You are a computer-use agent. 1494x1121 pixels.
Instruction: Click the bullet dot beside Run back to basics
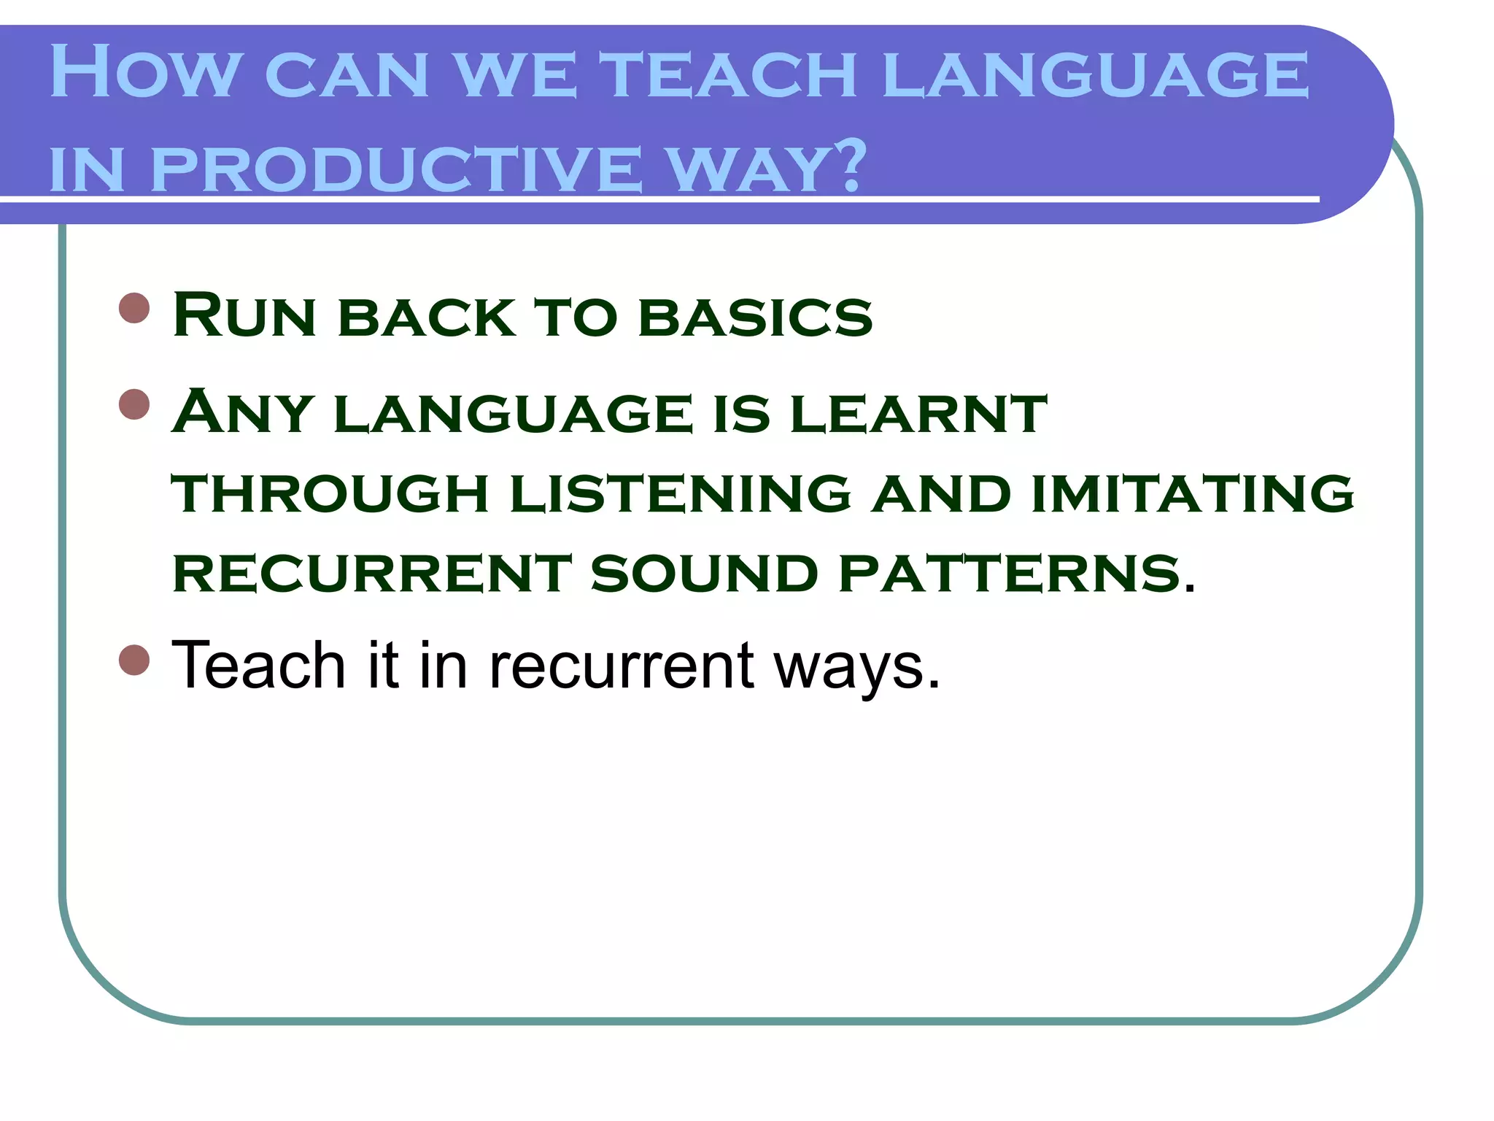pyautogui.click(x=134, y=308)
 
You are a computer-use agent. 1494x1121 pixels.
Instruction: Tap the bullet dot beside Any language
pyautogui.click(x=134, y=404)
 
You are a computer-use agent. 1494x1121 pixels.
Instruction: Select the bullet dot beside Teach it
pyautogui.click(x=134, y=660)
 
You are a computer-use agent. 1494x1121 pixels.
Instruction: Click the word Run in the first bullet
pyautogui.click(x=244, y=315)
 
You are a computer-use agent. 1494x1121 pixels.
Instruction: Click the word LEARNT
pyautogui.click(x=918, y=413)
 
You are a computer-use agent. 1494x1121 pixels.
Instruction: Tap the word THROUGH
pyautogui.click(x=330, y=493)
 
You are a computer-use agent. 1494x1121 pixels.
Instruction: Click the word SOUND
pyautogui.click(x=704, y=573)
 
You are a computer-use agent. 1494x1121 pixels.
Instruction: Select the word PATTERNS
pyautogui.click(x=1010, y=573)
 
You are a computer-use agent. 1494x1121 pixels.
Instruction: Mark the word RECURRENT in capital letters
pyautogui.click(x=372, y=573)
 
